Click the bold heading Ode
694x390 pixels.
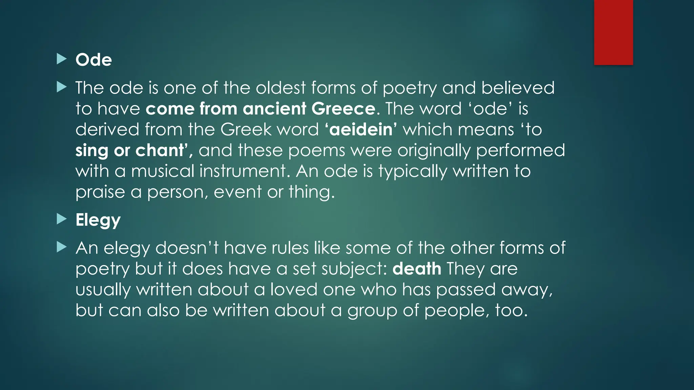pos(94,60)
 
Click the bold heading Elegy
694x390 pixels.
pos(98,220)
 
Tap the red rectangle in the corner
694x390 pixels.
pos(613,32)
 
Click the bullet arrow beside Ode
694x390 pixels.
pos(61,59)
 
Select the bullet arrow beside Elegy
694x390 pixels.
pos(61,219)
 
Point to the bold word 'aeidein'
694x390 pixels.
pos(361,130)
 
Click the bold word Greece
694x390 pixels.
pos(343,109)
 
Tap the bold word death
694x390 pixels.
pos(417,269)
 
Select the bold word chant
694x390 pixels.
pos(160,150)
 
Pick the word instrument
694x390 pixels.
pos(243,171)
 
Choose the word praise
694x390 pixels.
pos(100,192)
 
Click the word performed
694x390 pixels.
pos(520,150)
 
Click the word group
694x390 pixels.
pos(372,311)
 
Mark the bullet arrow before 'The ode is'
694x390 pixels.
pos(61,87)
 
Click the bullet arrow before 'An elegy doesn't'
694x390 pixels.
pos(61,247)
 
